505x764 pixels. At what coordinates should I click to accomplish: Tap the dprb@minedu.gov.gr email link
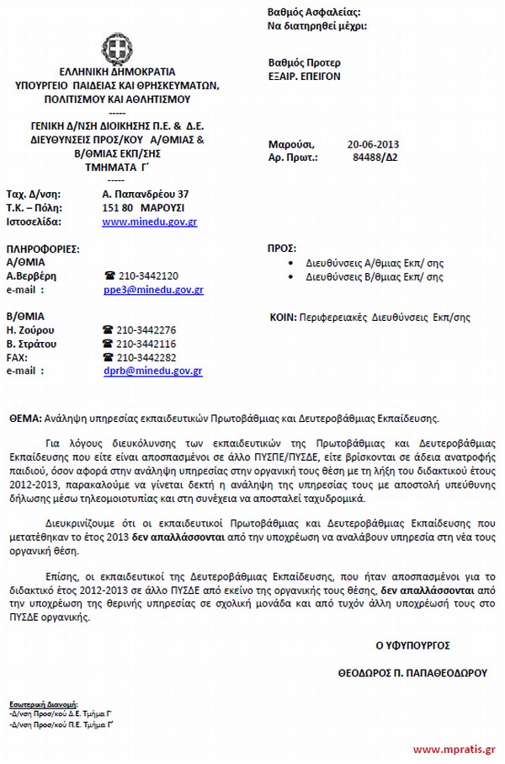point(151,370)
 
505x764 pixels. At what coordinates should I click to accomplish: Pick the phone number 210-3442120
point(147,276)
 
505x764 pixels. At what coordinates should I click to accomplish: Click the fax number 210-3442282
point(147,357)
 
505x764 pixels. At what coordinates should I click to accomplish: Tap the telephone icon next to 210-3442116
point(108,344)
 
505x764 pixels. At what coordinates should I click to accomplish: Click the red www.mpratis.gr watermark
point(454,749)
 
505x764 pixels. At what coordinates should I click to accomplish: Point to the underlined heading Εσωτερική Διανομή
point(40,701)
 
